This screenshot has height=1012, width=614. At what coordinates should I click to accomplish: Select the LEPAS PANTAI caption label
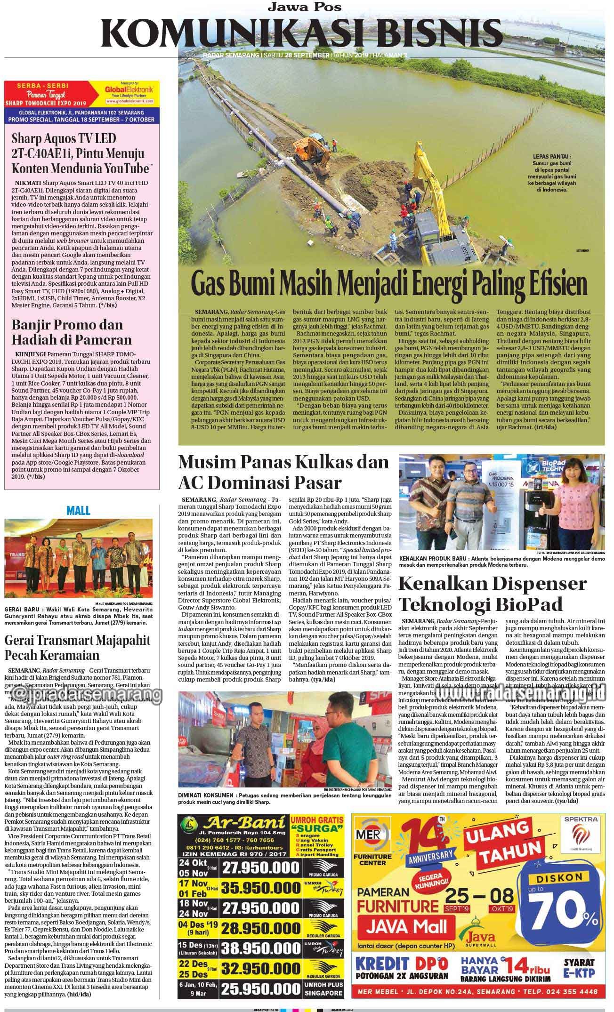click(x=552, y=157)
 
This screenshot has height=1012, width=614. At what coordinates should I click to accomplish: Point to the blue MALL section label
click(x=78, y=510)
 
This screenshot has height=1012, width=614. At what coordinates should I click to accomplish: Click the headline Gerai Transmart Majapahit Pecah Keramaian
click(x=77, y=648)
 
